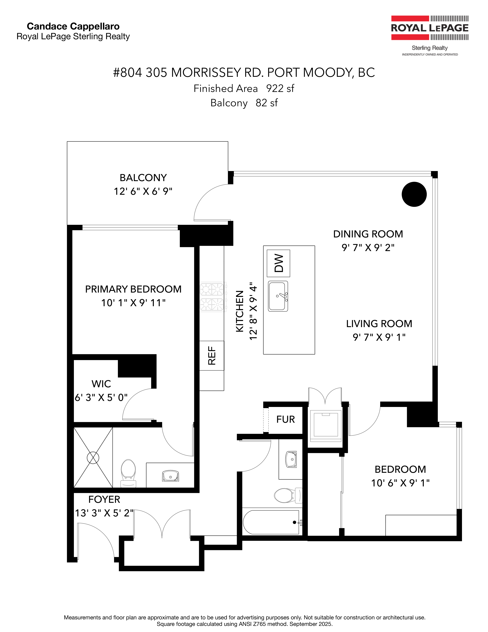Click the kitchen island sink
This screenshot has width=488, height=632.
pyautogui.click(x=278, y=296)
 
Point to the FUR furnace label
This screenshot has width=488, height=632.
pyautogui.click(x=285, y=419)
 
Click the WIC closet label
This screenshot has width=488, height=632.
pyautogui.click(x=101, y=384)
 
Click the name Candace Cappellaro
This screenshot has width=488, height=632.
pyautogui.click(x=73, y=26)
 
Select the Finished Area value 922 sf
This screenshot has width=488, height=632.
pyautogui.click(x=280, y=88)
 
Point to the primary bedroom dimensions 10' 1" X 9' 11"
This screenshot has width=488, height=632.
pyautogui.click(x=133, y=303)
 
